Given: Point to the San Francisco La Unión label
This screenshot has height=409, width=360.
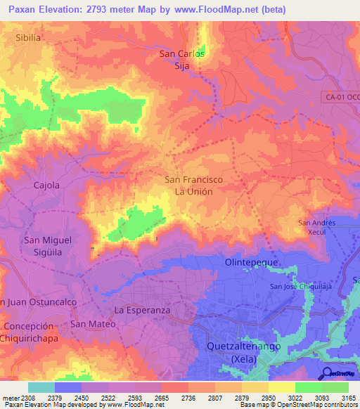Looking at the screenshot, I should pyautogui.click(x=193, y=186).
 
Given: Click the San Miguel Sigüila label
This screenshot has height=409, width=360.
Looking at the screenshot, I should pyautogui.click(x=48, y=246).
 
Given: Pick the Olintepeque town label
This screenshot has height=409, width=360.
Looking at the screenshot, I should pyautogui.click(x=252, y=262).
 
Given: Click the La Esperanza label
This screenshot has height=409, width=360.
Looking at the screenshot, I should pyautogui.click(x=143, y=310).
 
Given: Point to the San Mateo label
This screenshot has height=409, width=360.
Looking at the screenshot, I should pyautogui.click(x=89, y=324).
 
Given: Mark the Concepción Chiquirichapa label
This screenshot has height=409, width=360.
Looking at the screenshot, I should pyautogui.click(x=28, y=332).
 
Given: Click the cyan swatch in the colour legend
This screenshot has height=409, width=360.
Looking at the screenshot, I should pyautogui.click(x=41, y=387).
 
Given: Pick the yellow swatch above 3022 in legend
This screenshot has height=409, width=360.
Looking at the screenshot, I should pyautogui.click(x=282, y=387).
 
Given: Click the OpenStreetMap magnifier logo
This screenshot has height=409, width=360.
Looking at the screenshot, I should pyautogui.click(x=326, y=372).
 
